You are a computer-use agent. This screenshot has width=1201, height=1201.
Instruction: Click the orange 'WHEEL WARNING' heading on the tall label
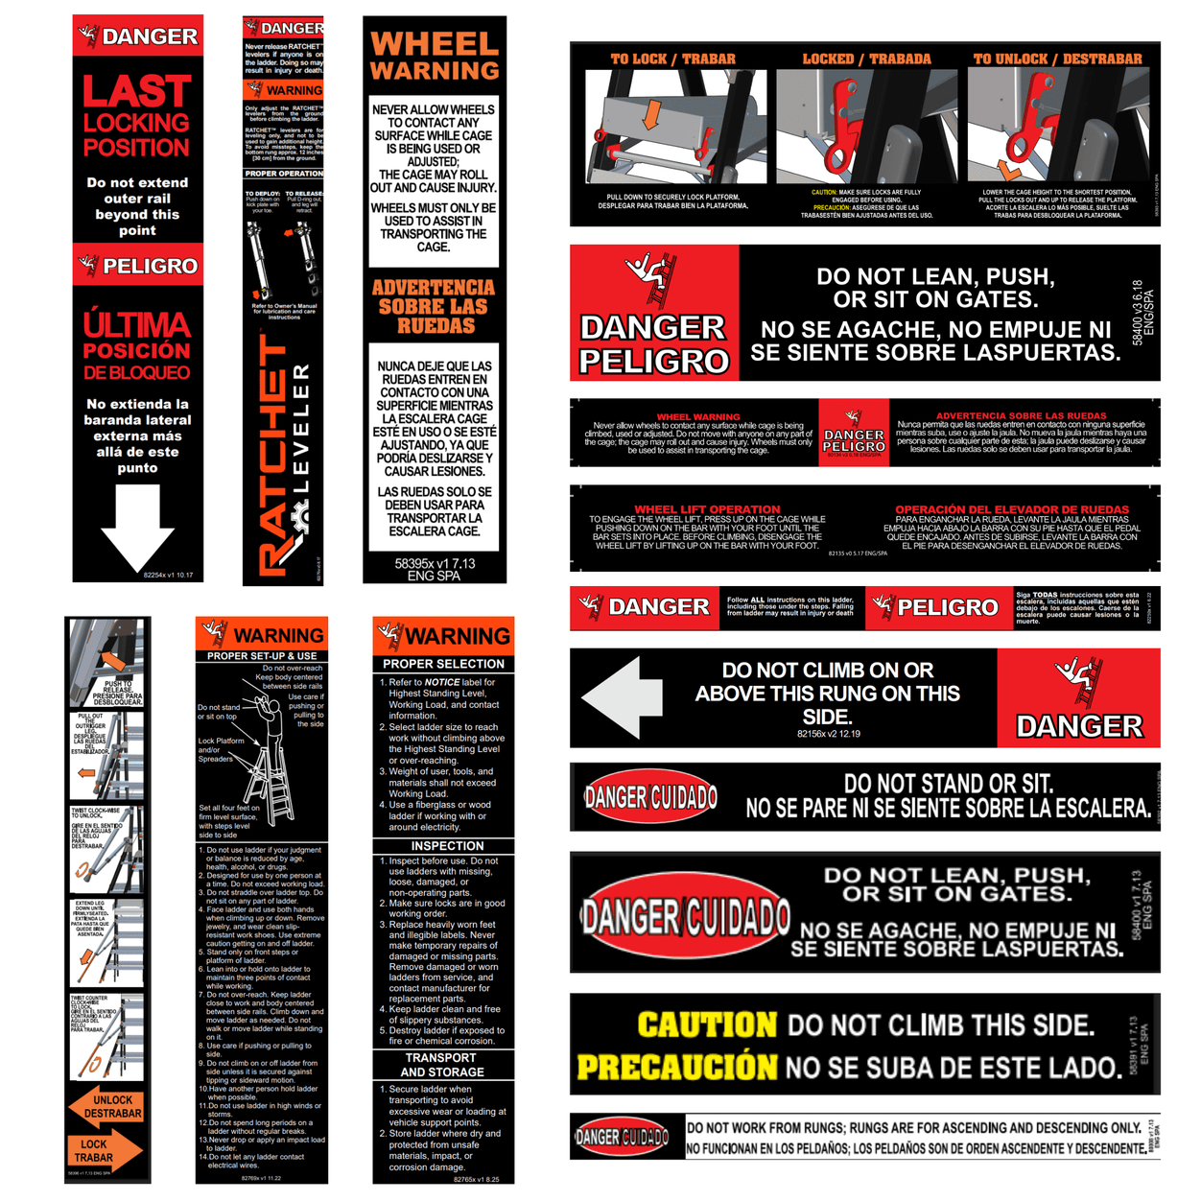pyautogui.click(x=435, y=57)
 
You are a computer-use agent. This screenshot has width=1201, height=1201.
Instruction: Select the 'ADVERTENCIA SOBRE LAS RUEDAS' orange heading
pyautogui.click(x=434, y=307)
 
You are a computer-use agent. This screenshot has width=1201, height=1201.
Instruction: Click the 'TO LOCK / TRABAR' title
pyautogui.click(x=672, y=59)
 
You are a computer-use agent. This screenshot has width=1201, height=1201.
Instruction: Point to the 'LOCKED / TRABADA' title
pyautogui.click(x=866, y=59)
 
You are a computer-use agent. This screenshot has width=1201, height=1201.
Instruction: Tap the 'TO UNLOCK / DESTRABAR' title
pyautogui.click(x=1057, y=59)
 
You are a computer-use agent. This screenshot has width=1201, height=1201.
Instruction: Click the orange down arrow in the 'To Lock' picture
pyautogui.click(x=651, y=113)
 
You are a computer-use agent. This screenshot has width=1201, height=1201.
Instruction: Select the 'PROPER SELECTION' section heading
pyautogui.click(x=443, y=664)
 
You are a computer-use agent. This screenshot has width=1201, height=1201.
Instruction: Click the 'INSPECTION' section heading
pyautogui.click(x=447, y=846)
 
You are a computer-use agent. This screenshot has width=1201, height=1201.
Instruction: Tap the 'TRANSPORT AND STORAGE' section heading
pyautogui.click(x=441, y=1065)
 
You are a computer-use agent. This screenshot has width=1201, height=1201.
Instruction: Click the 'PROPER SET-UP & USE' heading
pyautogui.click(x=262, y=656)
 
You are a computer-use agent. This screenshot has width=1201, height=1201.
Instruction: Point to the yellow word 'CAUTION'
pyautogui.click(x=707, y=1024)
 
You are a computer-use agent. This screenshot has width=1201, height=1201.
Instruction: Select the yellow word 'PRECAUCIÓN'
pyautogui.click(x=677, y=1067)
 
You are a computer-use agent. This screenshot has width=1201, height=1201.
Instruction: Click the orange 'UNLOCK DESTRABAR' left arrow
pyautogui.click(x=106, y=1107)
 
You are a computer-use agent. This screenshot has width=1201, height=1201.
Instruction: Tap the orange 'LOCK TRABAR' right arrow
pyautogui.click(x=106, y=1150)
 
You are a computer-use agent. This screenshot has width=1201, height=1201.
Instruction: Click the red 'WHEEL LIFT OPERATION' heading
pyautogui.click(x=707, y=509)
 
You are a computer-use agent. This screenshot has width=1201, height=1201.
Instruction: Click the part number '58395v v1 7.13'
pyautogui.click(x=435, y=564)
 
